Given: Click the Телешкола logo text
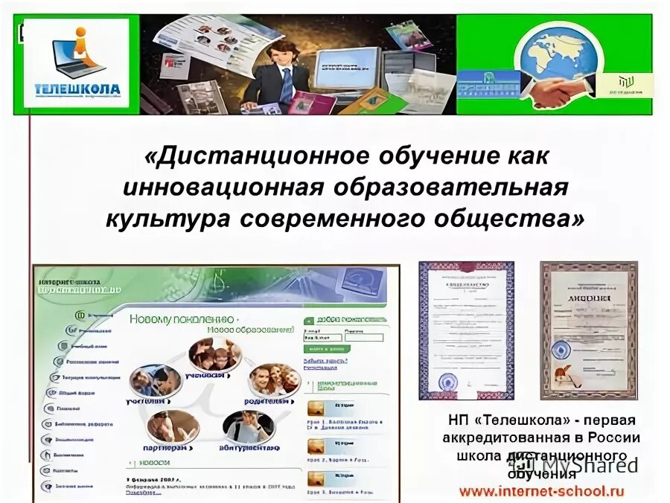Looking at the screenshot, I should click(x=77, y=89).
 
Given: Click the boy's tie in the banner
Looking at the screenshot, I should click(x=286, y=86).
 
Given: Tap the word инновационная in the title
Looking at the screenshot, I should click(x=223, y=188).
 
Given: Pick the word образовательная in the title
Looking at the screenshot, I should click(x=451, y=188).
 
